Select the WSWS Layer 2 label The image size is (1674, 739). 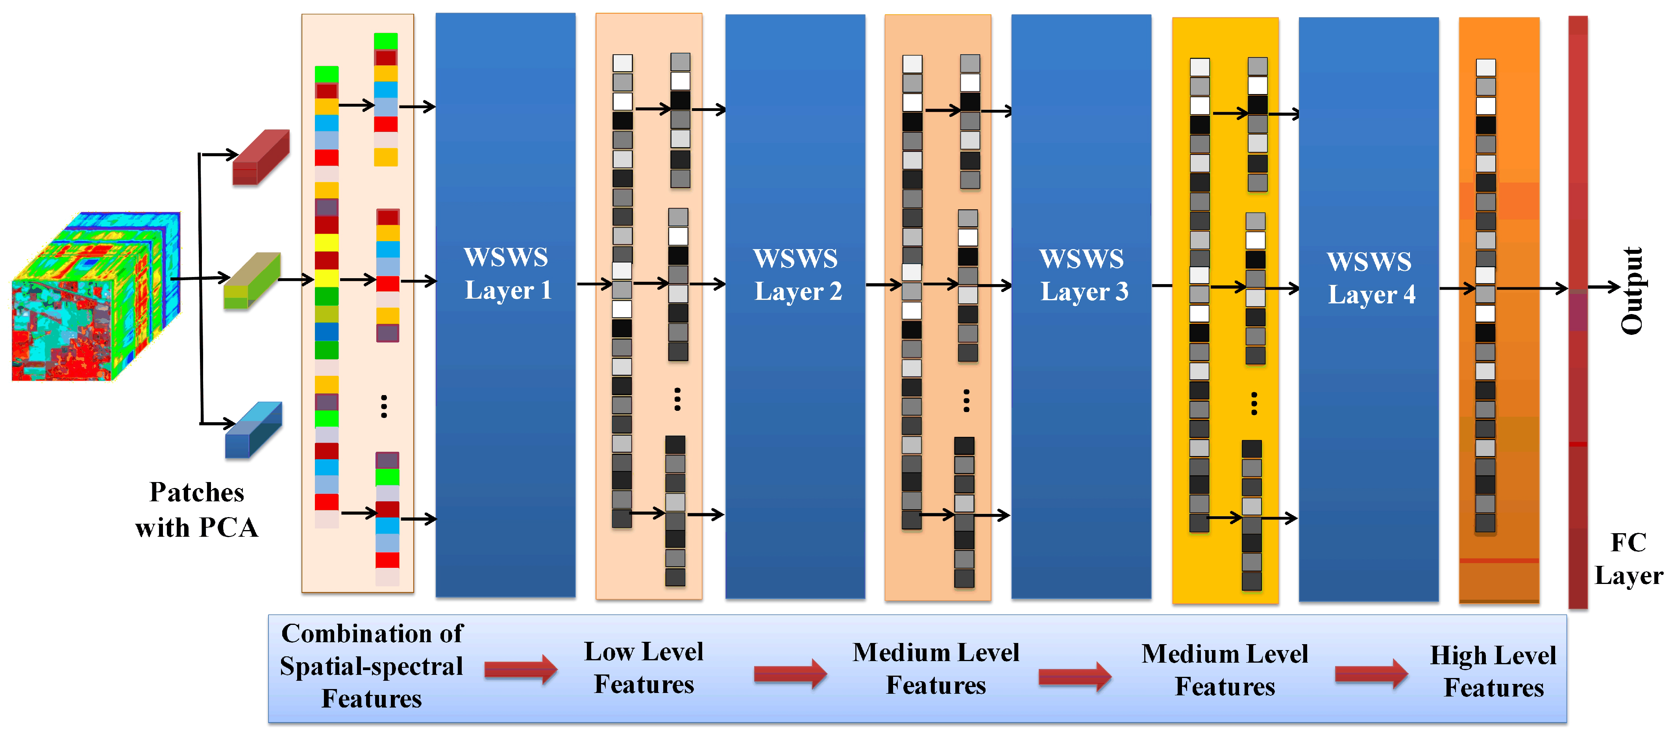point(797,275)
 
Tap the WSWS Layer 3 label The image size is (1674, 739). point(1083,275)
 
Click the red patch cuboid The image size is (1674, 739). point(261,157)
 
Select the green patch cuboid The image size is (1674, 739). point(252,281)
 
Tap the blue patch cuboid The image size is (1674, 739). point(253,430)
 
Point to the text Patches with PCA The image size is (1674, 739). point(196,510)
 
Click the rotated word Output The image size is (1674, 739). point(1632,290)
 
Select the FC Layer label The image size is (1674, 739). point(1628,559)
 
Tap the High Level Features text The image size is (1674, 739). point(1493,671)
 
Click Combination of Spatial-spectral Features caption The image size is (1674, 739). point(372,666)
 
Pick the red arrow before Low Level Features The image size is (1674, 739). point(520,669)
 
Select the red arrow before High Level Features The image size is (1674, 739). point(1371,674)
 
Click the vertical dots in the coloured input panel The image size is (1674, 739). point(384,406)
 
